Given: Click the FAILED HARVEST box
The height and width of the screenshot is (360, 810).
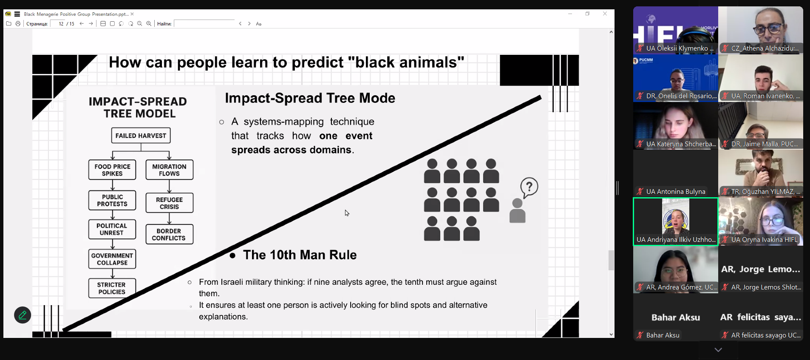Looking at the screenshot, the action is click(141, 136).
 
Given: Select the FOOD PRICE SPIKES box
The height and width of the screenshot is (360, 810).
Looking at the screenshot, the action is click(112, 170).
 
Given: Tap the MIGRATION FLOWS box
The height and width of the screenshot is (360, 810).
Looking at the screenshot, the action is click(169, 170).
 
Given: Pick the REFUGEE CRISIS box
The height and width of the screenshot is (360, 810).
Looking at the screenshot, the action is click(169, 203).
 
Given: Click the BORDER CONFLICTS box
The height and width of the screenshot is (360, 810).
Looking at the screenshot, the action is click(169, 234).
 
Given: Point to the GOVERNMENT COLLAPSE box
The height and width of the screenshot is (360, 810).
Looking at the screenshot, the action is click(112, 259).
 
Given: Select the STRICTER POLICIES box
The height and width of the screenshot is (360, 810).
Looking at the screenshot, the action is click(112, 288).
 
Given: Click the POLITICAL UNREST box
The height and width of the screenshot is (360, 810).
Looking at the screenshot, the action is click(112, 229).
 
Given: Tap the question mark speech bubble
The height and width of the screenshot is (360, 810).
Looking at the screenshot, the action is click(529, 187).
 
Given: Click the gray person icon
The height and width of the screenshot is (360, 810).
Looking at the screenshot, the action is click(517, 211).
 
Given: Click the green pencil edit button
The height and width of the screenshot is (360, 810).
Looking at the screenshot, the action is click(23, 315).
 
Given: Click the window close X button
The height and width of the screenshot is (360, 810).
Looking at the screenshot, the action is click(605, 14).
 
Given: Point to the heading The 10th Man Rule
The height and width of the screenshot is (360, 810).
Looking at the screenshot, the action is click(300, 255).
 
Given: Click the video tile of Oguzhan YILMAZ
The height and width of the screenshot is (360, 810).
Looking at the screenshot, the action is click(761, 173).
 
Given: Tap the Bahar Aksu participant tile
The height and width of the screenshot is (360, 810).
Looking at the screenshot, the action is click(676, 317).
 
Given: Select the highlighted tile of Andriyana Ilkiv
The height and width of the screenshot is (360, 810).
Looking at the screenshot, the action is click(676, 221).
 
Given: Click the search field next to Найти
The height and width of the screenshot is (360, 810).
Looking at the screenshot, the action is click(204, 24).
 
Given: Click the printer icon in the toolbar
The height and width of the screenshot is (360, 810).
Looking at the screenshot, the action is click(18, 24).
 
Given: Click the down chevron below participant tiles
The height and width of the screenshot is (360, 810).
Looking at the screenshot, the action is click(718, 350).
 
